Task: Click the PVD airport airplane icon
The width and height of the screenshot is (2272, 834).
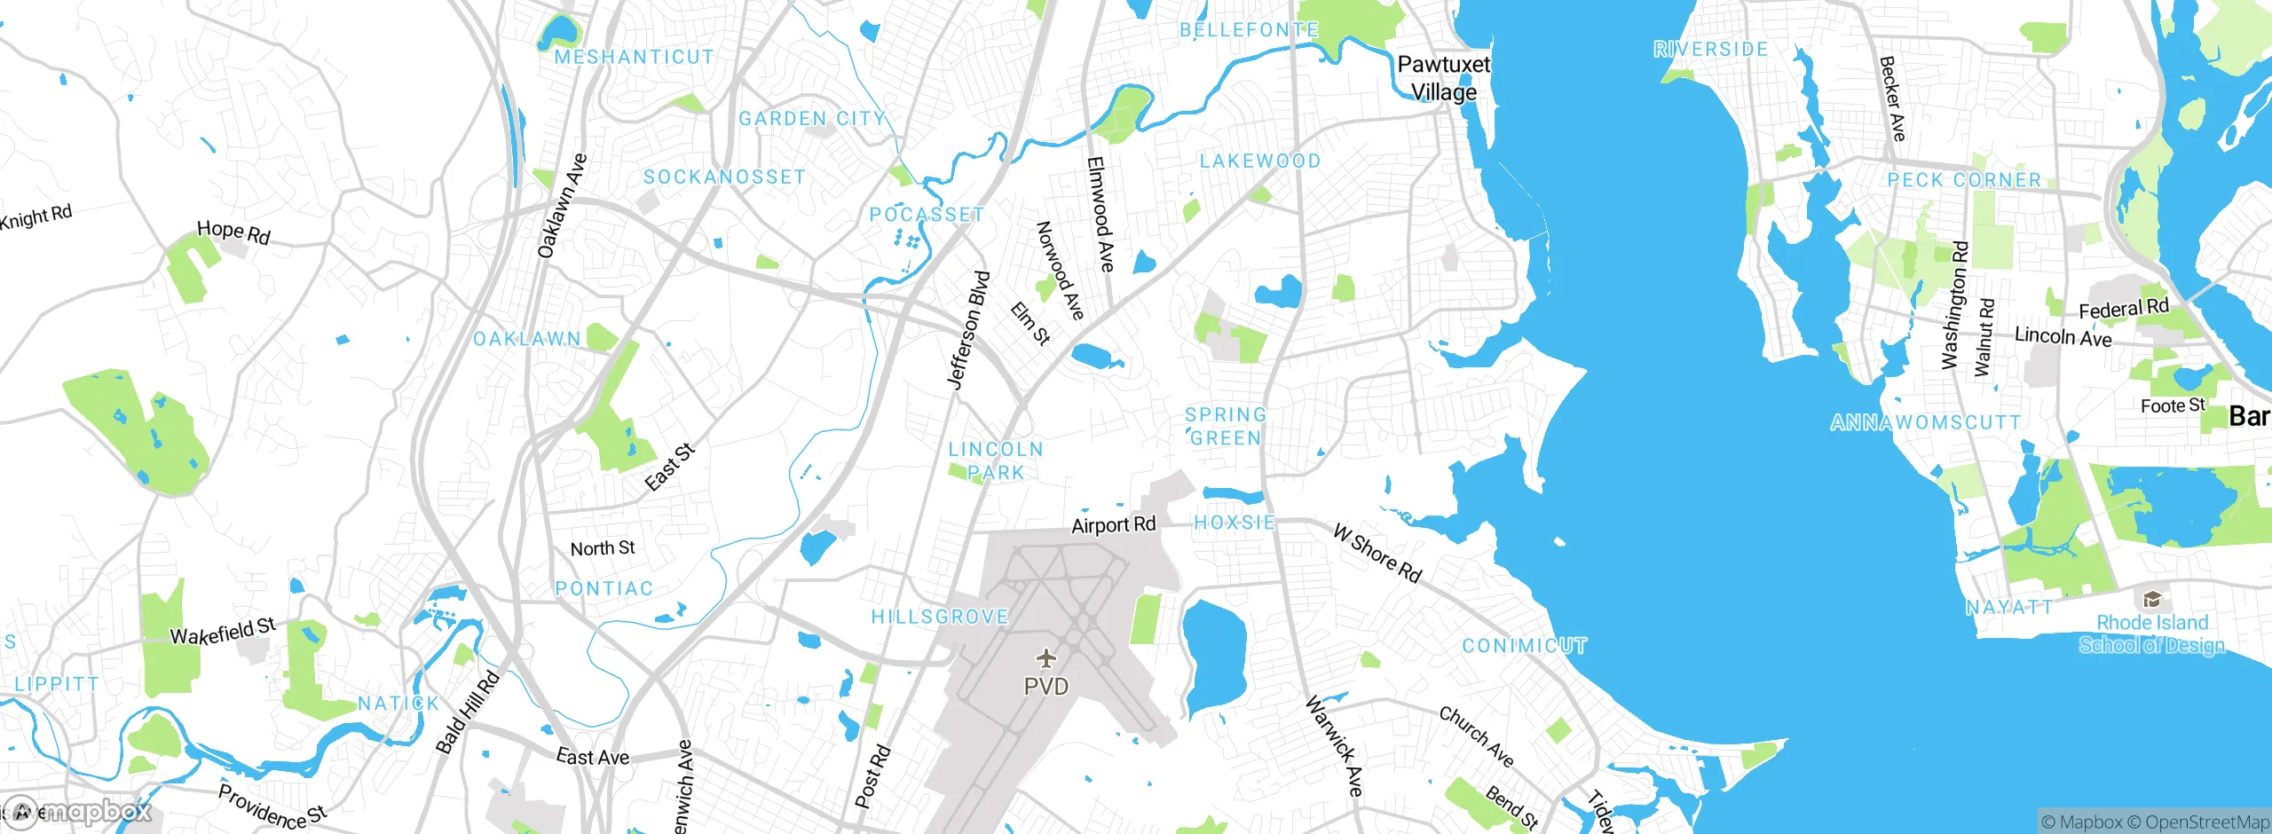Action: click(1047, 658)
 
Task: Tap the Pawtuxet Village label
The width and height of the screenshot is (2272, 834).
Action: click(1444, 78)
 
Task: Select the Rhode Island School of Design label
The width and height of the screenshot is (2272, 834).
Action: click(2151, 633)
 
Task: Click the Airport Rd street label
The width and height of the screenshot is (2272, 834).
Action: click(1113, 525)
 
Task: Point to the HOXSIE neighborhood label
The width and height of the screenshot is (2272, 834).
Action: click(1234, 523)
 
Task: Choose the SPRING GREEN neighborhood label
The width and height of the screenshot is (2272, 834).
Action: click(1226, 426)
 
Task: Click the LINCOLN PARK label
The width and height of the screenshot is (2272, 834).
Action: click(996, 460)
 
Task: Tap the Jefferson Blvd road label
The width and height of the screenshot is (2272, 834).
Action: click(967, 330)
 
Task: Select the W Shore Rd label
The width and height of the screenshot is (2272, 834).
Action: click(1377, 553)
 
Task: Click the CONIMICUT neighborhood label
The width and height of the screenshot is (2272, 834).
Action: click(1524, 645)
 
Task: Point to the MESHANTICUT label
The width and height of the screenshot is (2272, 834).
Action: click(634, 57)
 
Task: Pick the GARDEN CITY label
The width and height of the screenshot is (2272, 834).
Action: click(811, 118)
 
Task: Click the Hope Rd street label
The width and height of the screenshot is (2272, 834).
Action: click(233, 232)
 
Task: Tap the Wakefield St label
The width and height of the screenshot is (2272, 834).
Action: click(223, 632)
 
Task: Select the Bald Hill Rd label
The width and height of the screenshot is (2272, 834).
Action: click(468, 712)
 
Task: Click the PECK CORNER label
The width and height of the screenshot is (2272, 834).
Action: click(1963, 180)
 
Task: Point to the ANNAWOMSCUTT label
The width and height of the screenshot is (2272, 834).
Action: click(1925, 422)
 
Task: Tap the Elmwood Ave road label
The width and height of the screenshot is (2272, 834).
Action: click(1100, 214)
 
